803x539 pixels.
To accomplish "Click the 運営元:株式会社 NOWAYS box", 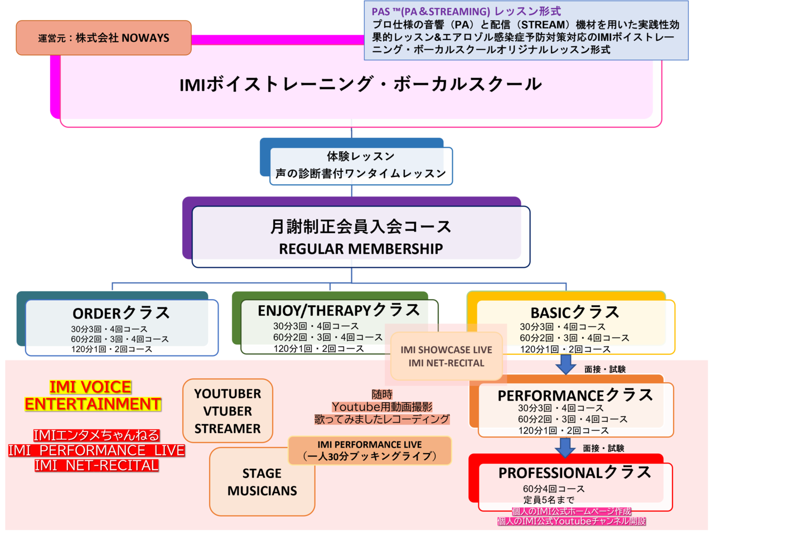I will coord(104,38).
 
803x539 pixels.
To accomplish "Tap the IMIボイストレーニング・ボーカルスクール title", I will coord(360,84).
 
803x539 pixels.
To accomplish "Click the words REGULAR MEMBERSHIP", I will coord(361,249).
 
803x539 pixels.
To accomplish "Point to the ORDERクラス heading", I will coord(121,313).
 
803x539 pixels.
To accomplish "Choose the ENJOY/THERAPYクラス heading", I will coord(338,310).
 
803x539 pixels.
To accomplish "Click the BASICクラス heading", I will coord(574,312).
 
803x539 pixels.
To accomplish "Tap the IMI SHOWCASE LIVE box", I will coord(446,356).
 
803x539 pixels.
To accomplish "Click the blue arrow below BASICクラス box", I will coord(566,364).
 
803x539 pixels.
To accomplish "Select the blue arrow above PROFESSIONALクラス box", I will coord(565,447).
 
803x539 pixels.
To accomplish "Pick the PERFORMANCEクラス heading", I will coord(575,395).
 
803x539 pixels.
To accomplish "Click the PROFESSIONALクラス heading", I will coord(574,473).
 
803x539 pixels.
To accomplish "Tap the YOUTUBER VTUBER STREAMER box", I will coord(228,411).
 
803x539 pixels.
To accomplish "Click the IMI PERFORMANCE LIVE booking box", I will coord(370,450).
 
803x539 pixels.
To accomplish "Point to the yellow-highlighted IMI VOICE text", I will coord(90,387).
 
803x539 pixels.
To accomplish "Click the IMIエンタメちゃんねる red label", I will coord(96,435).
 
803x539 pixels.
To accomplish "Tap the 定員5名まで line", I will coord(549,500).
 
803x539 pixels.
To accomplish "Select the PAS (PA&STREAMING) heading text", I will coord(466,11).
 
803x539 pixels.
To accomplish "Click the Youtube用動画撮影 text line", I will coord(382,407).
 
